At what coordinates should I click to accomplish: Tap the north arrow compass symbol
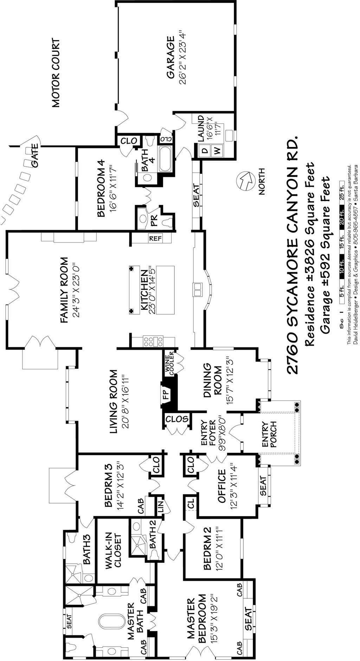click(245, 181)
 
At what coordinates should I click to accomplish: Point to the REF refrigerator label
click(155, 238)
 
